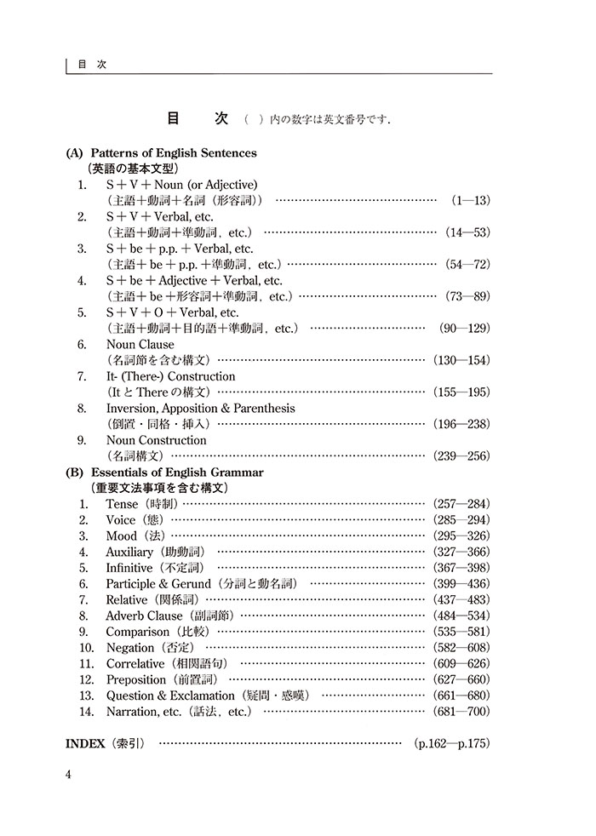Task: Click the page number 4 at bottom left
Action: point(70,773)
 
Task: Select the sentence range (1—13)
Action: point(469,200)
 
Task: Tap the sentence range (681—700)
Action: point(461,712)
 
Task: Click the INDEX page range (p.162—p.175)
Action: point(452,743)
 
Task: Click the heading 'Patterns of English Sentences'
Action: point(173,153)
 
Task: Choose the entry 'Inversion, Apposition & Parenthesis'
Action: point(200,409)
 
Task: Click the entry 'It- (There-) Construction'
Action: point(170,376)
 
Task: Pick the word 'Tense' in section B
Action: point(122,504)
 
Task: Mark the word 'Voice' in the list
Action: point(121,520)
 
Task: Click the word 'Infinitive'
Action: point(129,568)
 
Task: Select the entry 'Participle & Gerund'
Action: point(158,584)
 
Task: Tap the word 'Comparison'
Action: point(135,632)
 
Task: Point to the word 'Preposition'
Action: point(136,679)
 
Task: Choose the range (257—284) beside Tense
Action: point(461,504)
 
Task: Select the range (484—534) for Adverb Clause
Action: point(461,616)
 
